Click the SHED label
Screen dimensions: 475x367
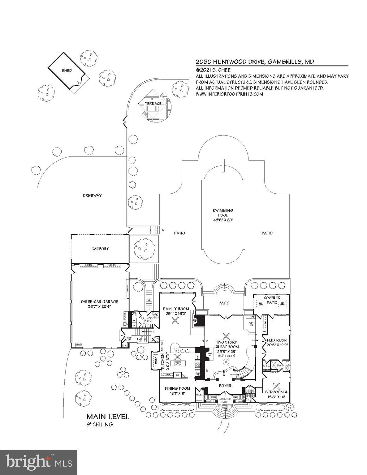pyautogui.click(x=67, y=71)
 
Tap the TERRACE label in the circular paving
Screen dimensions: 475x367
pyautogui.click(x=154, y=103)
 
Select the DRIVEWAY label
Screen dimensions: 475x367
pyautogui.click(x=92, y=195)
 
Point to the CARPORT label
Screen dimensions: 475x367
pyautogui.click(x=100, y=249)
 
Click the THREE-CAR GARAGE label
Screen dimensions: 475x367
pyautogui.click(x=99, y=304)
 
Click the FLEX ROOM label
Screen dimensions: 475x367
pyautogui.click(x=277, y=340)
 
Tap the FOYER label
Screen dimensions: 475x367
pyautogui.click(x=225, y=386)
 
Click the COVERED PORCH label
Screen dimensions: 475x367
pyautogui.click(x=225, y=400)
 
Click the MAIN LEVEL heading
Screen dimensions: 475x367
pyautogui.click(x=108, y=417)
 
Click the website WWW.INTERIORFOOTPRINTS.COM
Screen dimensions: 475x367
pyautogui.click(x=229, y=94)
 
